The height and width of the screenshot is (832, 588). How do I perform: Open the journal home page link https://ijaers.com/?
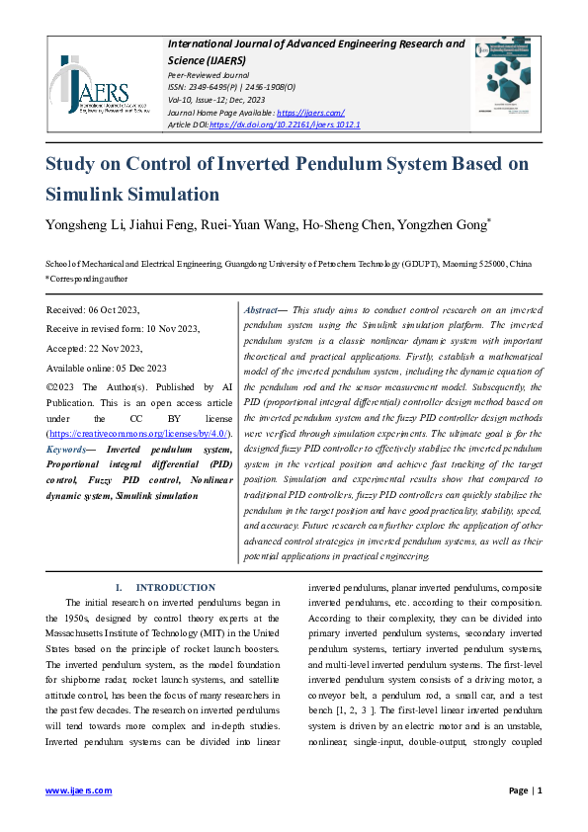click(310, 113)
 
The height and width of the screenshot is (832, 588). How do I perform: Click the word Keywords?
click(67, 449)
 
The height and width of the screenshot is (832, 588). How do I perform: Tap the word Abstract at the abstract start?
click(262, 309)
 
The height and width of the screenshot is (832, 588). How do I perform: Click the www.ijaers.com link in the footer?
click(80, 790)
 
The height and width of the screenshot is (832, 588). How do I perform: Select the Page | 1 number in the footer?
click(525, 790)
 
